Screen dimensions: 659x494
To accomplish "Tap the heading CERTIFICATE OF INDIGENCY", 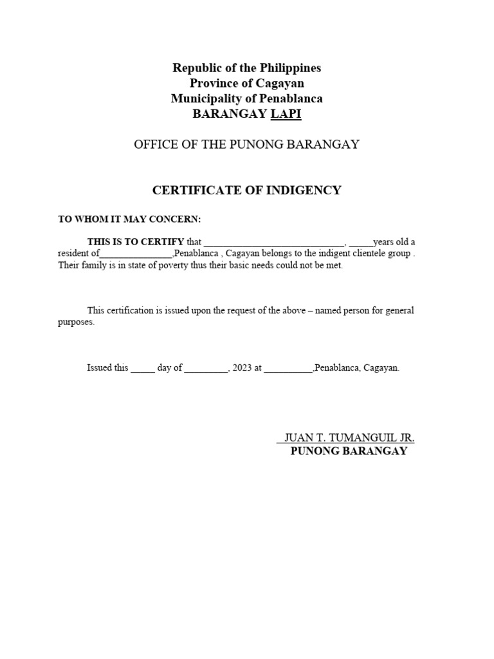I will click(246, 190).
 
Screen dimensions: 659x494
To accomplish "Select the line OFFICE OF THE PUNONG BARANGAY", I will click(246, 145).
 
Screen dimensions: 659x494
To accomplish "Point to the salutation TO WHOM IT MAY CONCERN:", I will click(129, 219).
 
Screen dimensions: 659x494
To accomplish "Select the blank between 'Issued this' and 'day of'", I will click(143, 369).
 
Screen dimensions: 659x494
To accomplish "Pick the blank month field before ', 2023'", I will click(205, 369).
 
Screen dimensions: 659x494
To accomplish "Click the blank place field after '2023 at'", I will click(288, 369).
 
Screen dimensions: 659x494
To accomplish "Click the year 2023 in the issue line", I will click(242, 369).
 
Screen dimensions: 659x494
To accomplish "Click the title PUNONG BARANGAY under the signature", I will click(349, 451).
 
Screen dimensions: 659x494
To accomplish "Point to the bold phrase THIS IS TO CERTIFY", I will click(136, 242).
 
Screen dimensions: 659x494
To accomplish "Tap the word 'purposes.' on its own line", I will click(77, 322).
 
